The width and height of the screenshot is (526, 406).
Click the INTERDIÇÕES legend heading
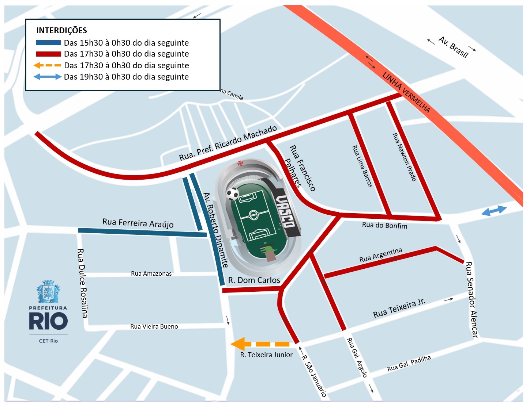click(61, 30)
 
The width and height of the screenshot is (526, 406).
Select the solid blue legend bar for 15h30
click(48, 43)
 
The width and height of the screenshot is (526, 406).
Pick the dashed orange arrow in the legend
click(48, 65)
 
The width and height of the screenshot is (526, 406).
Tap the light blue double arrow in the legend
click(48, 77)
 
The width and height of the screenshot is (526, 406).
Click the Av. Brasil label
click(454, 47)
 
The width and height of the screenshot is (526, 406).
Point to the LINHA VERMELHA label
click(406, 92)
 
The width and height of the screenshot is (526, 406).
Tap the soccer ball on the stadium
click(233, 194)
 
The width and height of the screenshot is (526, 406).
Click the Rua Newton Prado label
click(404, 157)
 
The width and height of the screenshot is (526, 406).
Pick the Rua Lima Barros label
click(362, 166)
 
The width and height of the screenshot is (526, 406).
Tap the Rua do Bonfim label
click(384, 225)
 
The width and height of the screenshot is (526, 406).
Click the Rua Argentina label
click(380, 255)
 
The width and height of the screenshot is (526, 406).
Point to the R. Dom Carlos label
click(254, 280)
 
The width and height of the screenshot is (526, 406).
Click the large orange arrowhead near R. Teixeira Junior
click(238, 344)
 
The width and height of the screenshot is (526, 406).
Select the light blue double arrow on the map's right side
click(494, 211)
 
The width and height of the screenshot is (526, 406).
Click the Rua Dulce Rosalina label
click(83, 283)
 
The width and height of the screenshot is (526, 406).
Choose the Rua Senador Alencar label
click(471, 299)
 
